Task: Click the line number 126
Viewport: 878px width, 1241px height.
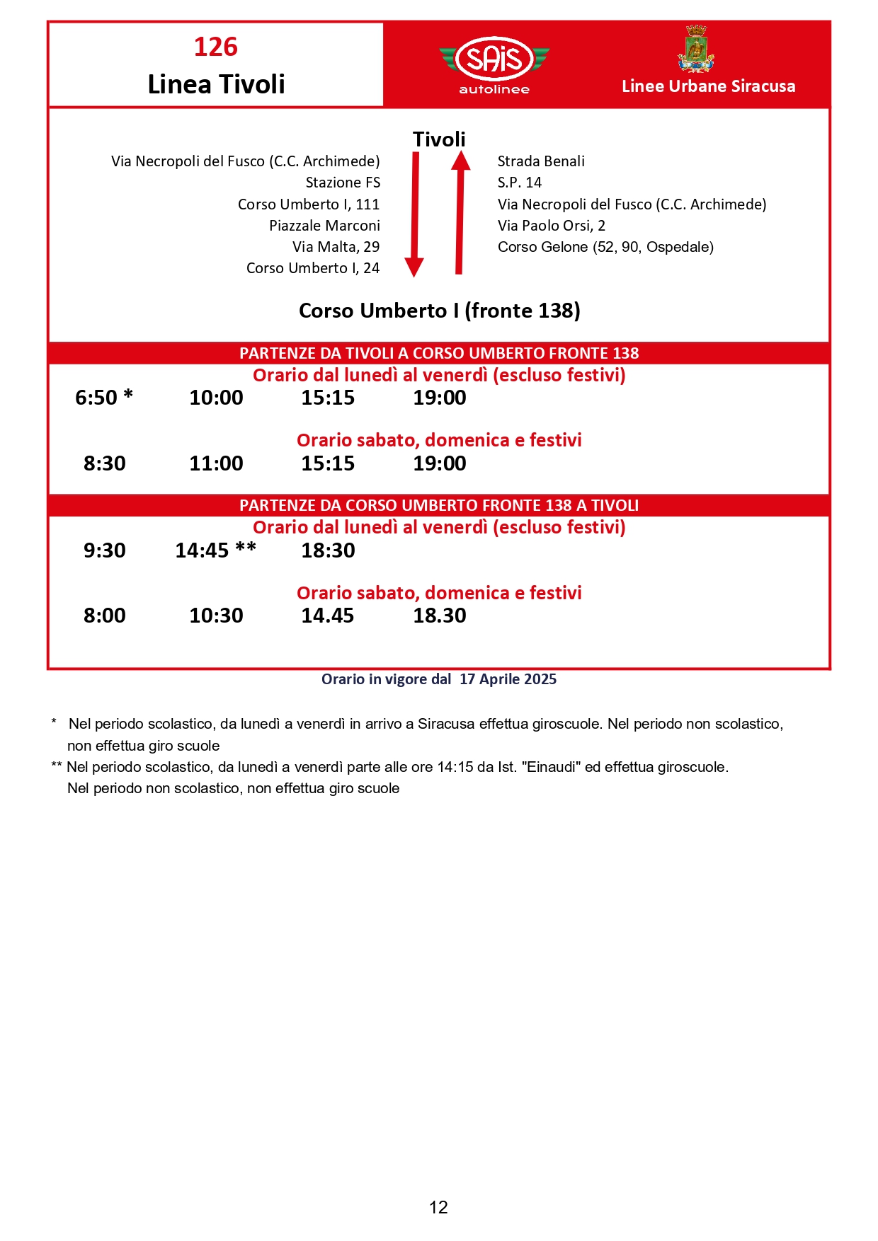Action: click(x=216, y=47)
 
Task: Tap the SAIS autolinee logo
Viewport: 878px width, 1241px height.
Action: click(x=494, y=63)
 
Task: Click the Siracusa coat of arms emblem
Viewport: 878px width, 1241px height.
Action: click(x=696, y=49)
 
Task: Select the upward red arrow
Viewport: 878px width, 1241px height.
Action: click(x=460, y=212)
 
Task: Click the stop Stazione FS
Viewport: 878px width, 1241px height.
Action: click(x=343, y=183)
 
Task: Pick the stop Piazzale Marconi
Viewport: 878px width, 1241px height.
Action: click(x=324, y=226)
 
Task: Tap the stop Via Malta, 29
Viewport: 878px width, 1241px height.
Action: click(x=336, y=247)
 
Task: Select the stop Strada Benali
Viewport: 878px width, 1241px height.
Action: click(x=541, y=161)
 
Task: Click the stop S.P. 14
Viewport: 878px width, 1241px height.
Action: click(x=520, y=183)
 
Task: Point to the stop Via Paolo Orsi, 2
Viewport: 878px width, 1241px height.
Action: click(x=552, y=226)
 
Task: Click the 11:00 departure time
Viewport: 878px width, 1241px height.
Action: click(x=216, y=463)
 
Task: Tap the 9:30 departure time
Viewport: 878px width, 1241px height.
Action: click(x=105, y=550)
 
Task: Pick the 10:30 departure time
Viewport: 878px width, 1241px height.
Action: click(x=216, y=616)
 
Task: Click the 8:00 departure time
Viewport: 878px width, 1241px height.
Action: click(x=105, y=616)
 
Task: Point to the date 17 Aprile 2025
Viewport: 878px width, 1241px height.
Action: click(x=508, y=679)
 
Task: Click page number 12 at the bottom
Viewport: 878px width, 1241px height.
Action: click(x=438, y=1207)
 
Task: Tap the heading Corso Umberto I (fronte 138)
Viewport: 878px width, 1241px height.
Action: click(x=439, y=311)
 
